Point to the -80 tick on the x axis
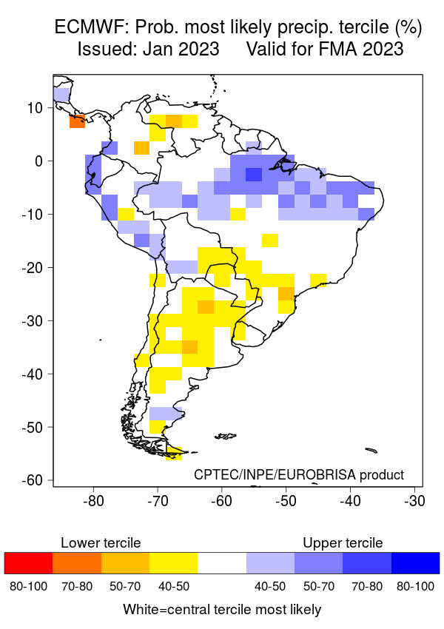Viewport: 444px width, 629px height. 93,500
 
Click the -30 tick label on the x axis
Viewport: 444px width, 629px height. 414,500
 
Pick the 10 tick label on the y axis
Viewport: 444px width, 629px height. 36,107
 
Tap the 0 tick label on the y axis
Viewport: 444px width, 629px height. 40,161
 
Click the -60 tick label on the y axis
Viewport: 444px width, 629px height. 33,480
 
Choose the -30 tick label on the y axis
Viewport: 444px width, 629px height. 33,320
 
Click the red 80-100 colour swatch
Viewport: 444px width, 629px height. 29,563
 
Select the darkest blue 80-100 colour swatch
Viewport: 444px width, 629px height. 415,563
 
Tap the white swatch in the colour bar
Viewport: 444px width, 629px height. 222,563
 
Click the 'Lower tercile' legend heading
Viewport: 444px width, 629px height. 101,543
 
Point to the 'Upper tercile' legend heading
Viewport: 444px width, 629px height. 343,543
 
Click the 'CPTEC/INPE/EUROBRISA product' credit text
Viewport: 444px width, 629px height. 299,474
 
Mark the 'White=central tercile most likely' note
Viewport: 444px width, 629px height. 222,610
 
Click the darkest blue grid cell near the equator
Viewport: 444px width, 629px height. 254,175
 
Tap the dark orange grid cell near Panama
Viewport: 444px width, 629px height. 77,121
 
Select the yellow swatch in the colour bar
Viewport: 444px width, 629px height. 173,563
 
